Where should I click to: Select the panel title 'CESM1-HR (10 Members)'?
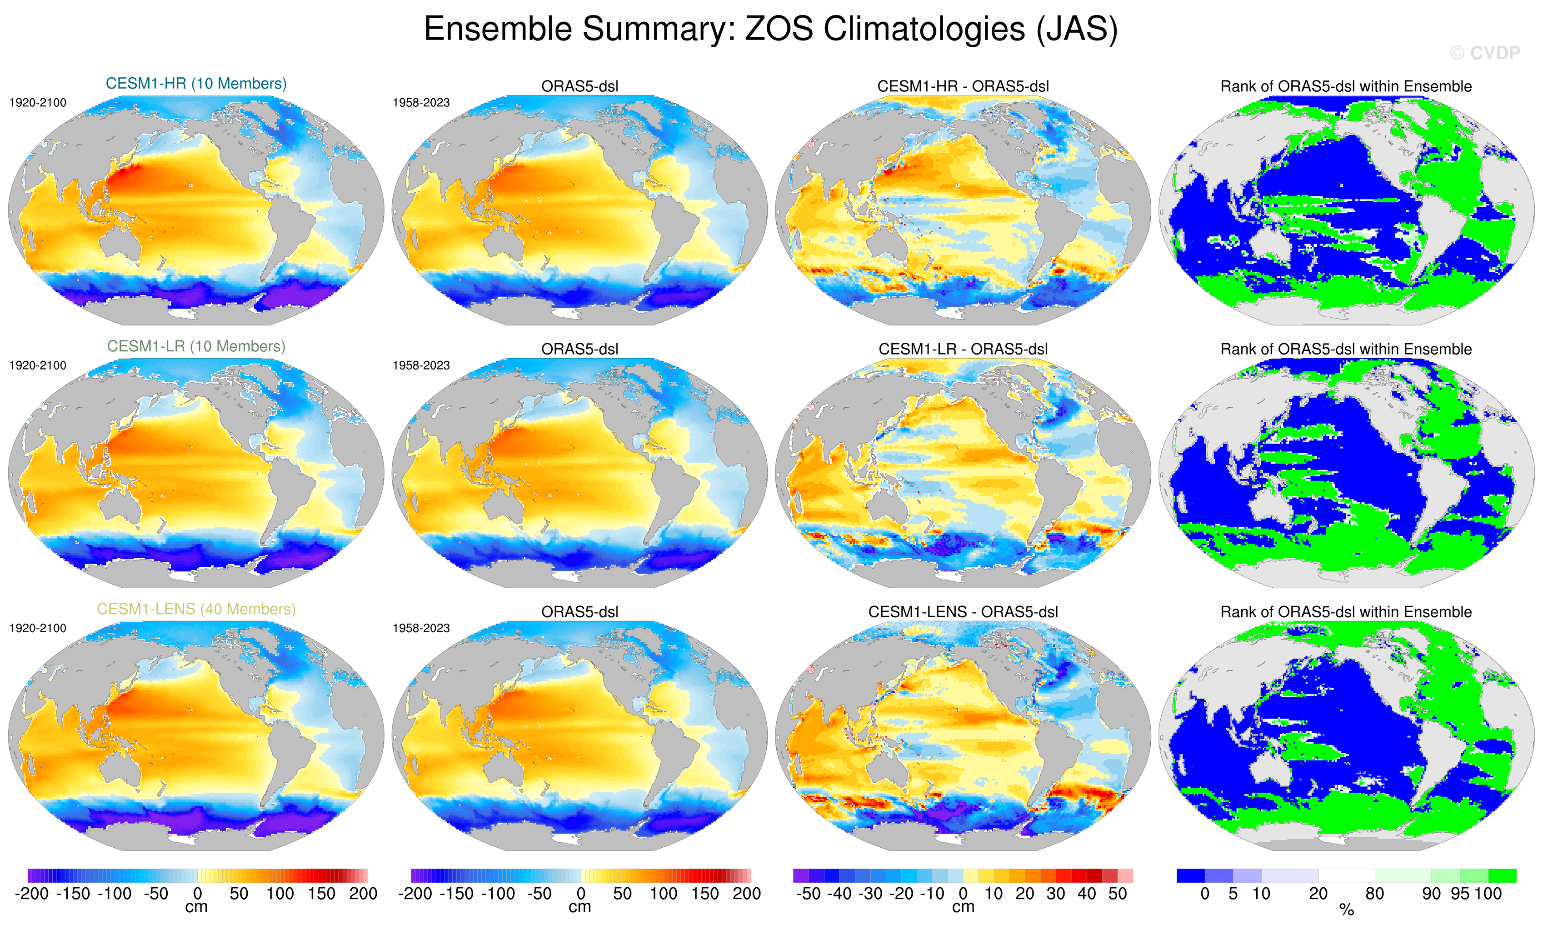[x=196, y=83]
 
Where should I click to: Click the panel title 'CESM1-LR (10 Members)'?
[x=196, y=346]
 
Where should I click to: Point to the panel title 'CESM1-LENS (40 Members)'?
[x=196, y=609]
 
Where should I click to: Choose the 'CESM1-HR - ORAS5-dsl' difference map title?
[x=963, y=86]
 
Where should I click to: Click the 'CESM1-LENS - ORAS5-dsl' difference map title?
[x=963, y=612]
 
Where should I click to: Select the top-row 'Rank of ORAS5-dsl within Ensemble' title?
[x=1346, y=86]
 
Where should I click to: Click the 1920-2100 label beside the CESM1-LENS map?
[x=38, y=628]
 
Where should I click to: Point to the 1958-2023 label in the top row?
[x=421, y=103]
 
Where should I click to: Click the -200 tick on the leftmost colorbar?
[x=31, y=894]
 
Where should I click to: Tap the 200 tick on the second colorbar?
[x=746, y=894]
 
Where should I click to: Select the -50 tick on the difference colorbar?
[x=808, y=894]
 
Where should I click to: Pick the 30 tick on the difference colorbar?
[x=1056, y=894]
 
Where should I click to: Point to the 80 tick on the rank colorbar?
[x=1374, y=894]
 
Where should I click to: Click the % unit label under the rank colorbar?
[x=1346, y=910]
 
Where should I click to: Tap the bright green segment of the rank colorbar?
[x=1502, y=875]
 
